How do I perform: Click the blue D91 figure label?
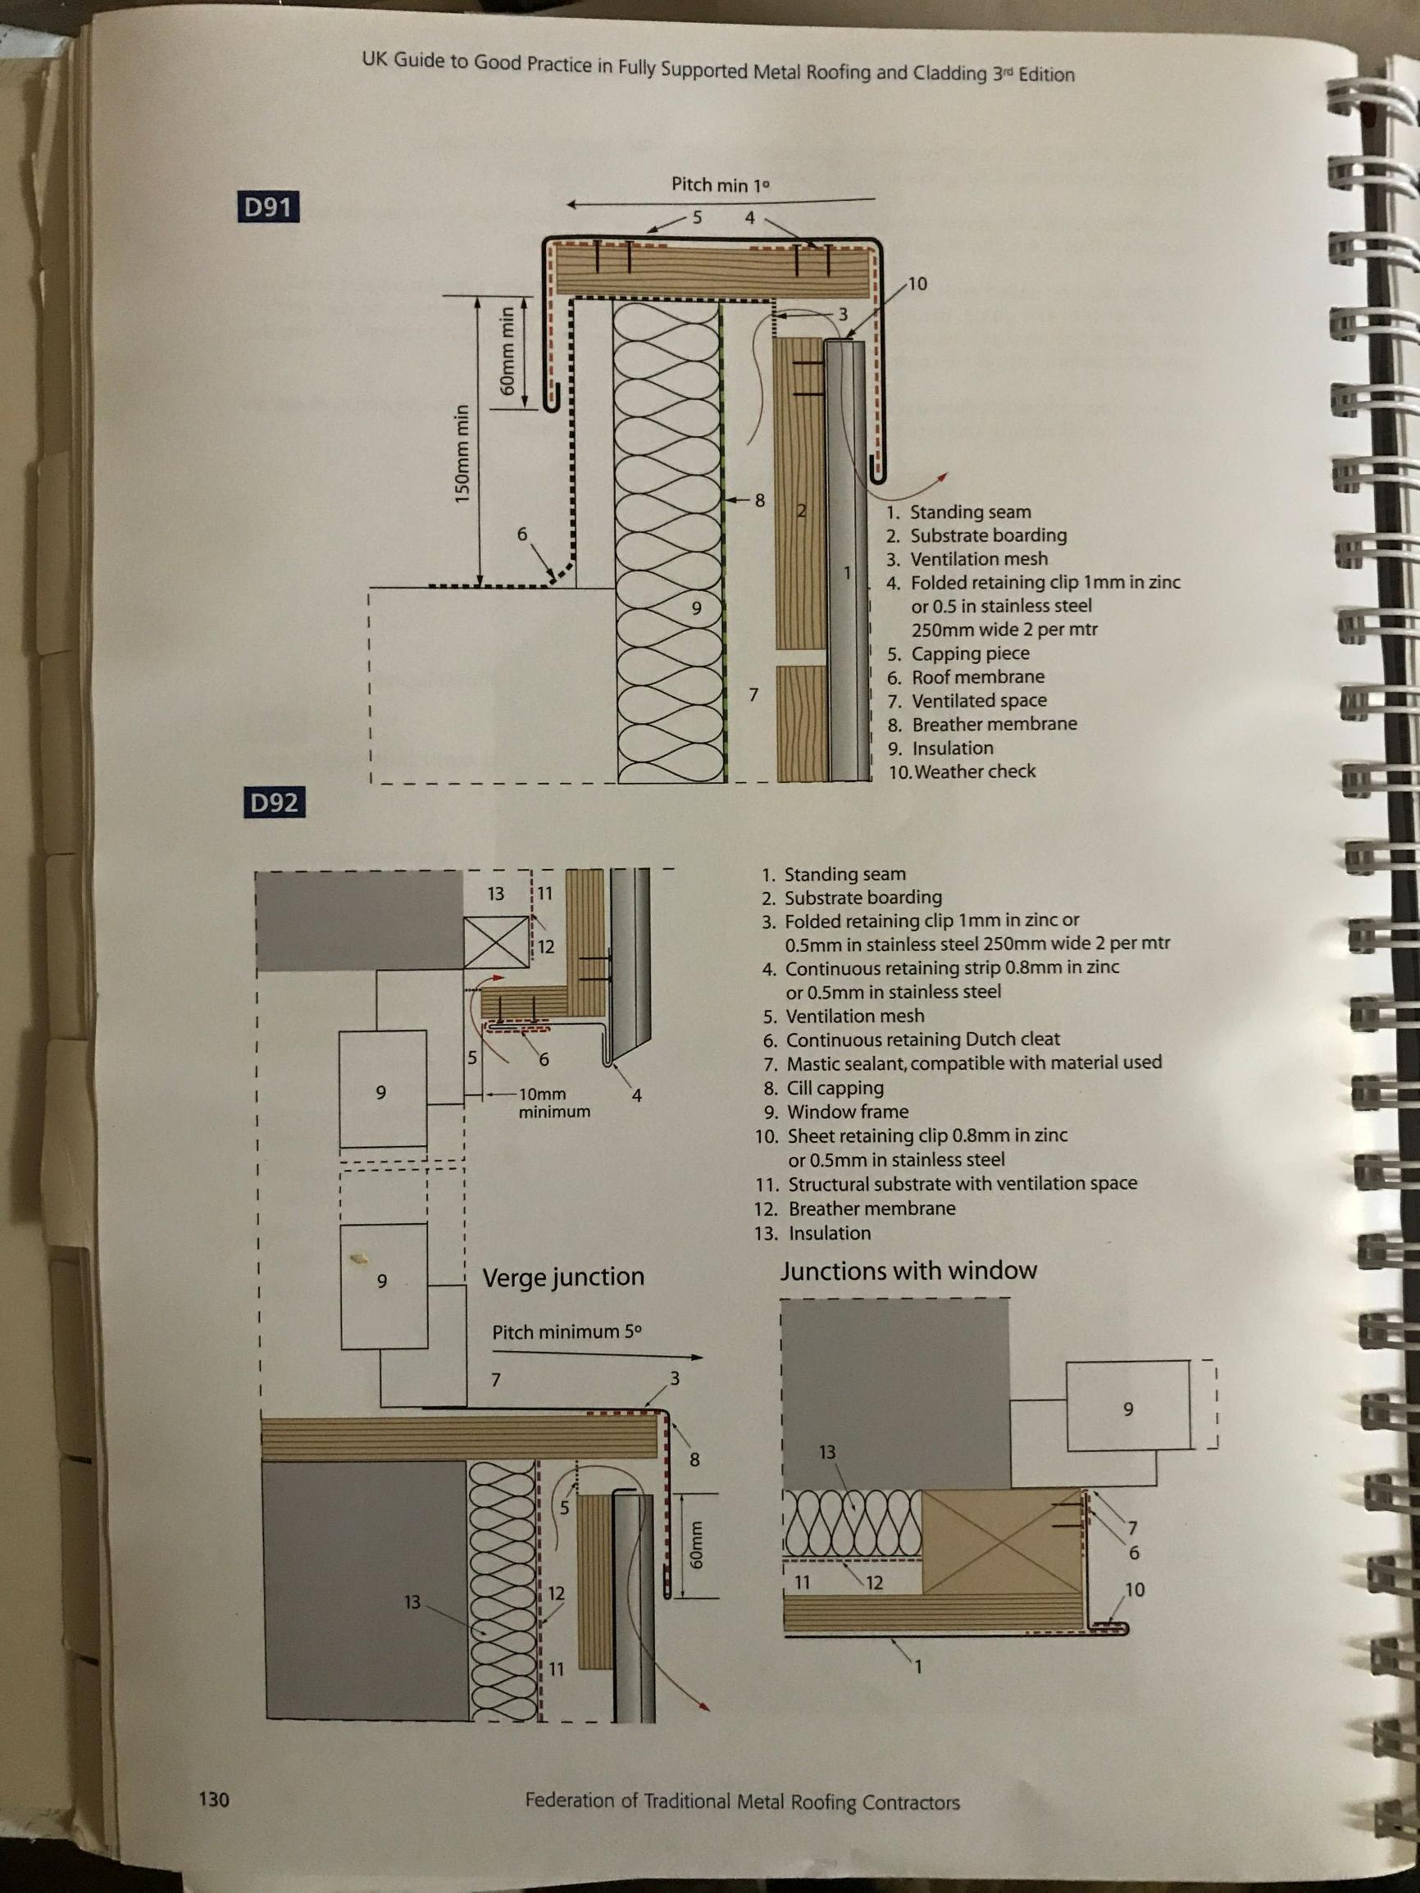[x=268, y=207]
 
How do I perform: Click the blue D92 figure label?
[x=273, y=803]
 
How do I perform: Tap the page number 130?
[x=214, y=1799]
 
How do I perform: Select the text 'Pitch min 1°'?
[x=720, y=184]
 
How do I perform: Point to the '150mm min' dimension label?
[x=462, y=453]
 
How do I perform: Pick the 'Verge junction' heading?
[x=563, y=1276]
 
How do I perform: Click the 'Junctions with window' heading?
[x=908, y=1271]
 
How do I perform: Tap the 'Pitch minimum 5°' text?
[x=567, y=1332]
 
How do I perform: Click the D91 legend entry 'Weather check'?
[x=962, y=771]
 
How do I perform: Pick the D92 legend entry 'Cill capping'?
[x=823, y=1087]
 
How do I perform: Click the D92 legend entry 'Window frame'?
[x=835, y=1111]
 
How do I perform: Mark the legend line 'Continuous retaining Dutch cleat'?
[x=912, y=1039]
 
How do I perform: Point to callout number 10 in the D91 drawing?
[x=917, y=284]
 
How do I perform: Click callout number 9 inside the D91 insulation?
[x=696, y=607]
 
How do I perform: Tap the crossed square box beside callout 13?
[x=497, y=942]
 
